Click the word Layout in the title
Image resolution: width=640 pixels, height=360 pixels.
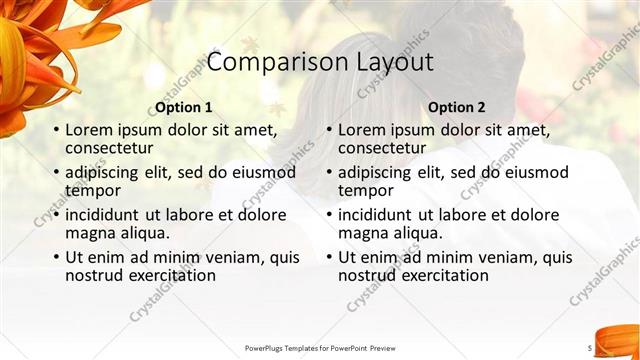[x=394, y=62]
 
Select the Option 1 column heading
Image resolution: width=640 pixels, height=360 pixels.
[x=184, y=107]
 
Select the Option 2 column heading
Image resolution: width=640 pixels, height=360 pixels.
[x=456, y=107]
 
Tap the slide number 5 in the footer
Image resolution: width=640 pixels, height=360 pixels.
[x=589, y=347]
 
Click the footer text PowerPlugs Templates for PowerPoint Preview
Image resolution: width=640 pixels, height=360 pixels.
[x=320, y=348]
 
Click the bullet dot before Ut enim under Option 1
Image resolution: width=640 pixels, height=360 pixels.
[x=55, y=258]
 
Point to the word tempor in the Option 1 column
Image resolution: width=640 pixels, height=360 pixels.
[x=92, y=190]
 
